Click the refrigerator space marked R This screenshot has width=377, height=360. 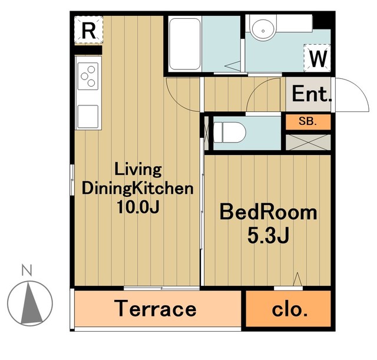(88, 29)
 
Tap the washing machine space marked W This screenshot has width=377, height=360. (317, 58)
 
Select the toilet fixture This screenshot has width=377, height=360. (230, 133)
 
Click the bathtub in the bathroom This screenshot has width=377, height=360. (184, 44)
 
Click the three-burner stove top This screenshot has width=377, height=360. (88, 76)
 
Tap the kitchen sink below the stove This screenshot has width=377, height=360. (88, 117)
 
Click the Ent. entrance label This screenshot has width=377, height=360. (312, 94)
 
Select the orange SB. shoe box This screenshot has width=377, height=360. (308, 122)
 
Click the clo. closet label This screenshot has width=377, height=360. (289, 310)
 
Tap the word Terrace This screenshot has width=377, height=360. (155, 309)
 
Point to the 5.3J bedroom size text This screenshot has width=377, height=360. (268, 236)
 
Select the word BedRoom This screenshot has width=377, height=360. (269, 212)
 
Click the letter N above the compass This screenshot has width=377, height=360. (27, 270)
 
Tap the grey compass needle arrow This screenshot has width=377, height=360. (31, 303)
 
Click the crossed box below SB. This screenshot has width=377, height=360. (308, 142)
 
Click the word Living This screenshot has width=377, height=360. (138, 170)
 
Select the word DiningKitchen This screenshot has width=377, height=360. (137, 189)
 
